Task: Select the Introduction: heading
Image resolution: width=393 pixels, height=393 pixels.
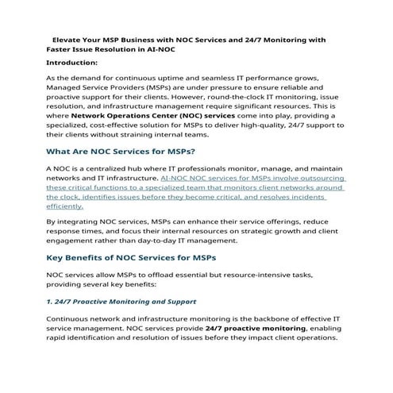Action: pos(72,62)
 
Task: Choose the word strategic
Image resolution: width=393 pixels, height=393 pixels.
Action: pos(266,235)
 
